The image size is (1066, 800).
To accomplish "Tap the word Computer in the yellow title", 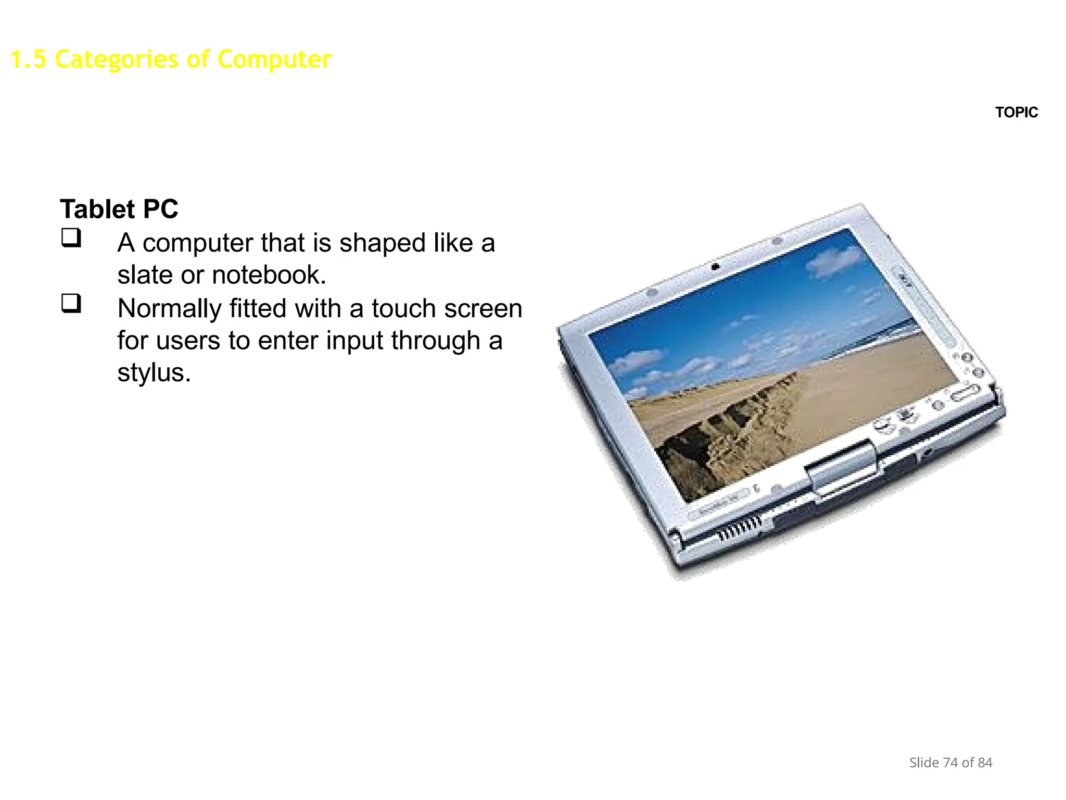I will pyautogui.click(x=274, y=59).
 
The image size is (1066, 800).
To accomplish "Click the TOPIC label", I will pyautogui.click(x=1016, y=113).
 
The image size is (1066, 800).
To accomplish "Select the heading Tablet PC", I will pyautogui.click(x=119, y=209).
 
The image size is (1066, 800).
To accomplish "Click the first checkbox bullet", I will pyautogui.click(x=71, y=238).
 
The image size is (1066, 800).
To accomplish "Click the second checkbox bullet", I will pyautogui.click(x=71, y=303).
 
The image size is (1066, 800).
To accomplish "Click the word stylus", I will pyautogui.click(x=154, y=373).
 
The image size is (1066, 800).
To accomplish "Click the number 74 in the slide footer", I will pyautogui.click(x=950, y=762).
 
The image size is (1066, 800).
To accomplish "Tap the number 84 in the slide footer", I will pyautogui.click(x=985, y=762).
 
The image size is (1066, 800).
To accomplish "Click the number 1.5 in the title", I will pyautogui.click(x=28, y=59).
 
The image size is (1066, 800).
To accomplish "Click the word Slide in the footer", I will pyautogui.click(x=923, y=762).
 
